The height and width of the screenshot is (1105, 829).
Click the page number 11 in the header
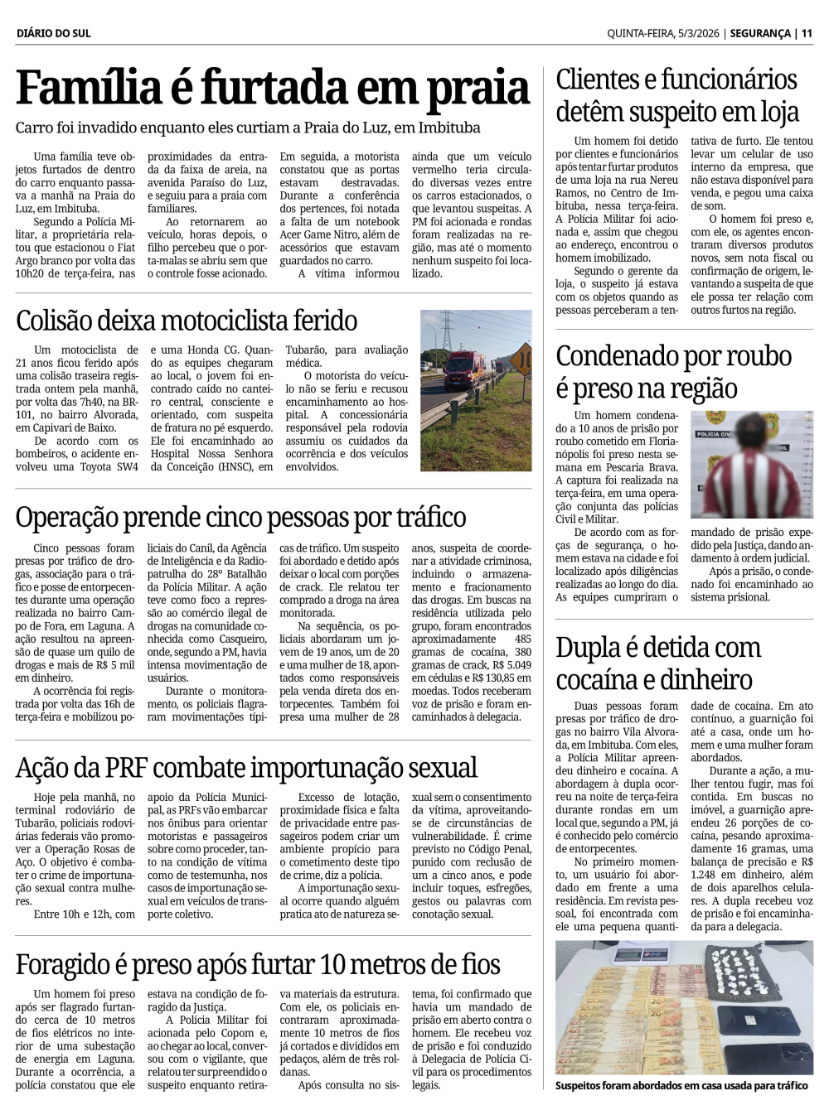pyautogui.click(x=807, y=33)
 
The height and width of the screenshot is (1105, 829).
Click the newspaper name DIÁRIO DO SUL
pyautogui.click(x=53, y=33)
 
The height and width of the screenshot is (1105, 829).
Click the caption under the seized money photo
pyautogui.click(x=681, y=1085)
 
